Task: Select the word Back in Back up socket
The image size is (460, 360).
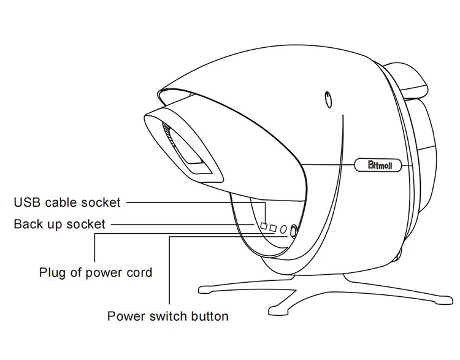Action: click(x=29, y=224)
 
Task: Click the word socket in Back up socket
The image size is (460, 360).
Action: click(x=87, y=224)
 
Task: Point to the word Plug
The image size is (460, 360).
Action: click(x=53, y=272)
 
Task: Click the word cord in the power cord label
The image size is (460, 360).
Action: click(x=139, y=272)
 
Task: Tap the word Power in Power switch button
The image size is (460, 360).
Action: click(x=125, y=316)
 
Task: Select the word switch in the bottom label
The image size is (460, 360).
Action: click(x=167, y=316)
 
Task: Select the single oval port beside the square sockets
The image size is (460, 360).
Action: click(x=284, y=229)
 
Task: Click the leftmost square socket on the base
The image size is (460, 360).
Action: click(x=263, y=225)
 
